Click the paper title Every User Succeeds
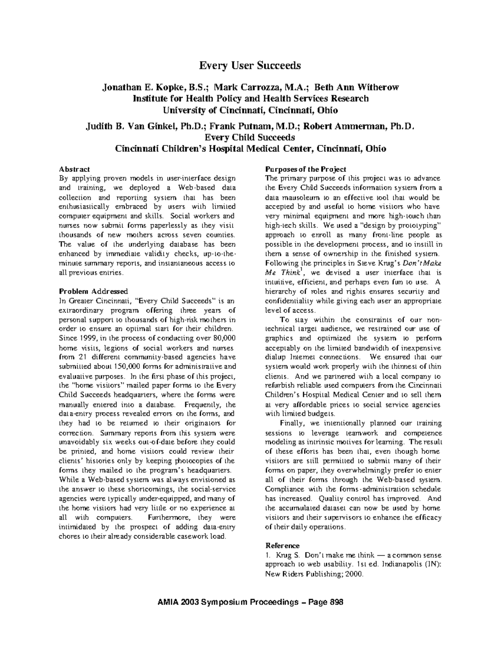coord(250,66)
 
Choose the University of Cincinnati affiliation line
coord(250,110)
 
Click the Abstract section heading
coord(74,169)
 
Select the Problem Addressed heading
coord(94,291)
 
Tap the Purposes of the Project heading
coord(306,169)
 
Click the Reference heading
coord(283,545)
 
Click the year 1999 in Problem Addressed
coord(86,338)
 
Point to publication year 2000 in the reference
coord(354,574)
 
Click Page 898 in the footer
coord(324,602)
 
